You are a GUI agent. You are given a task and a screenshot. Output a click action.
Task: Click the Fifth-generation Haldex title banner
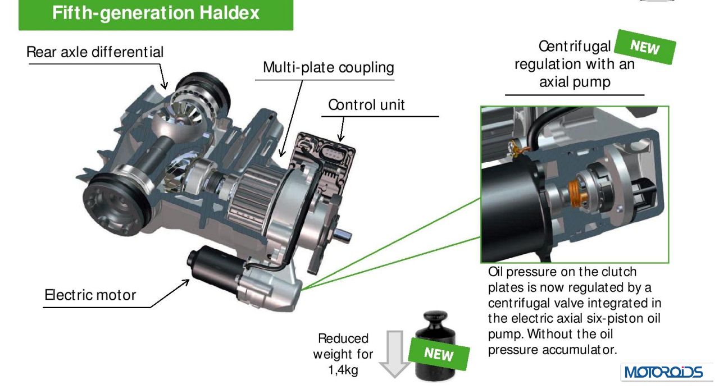tap(156, 13)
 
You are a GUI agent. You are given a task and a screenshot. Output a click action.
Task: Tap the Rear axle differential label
tap(95, 52)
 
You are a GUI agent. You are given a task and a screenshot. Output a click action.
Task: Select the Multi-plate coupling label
tap(329, 68)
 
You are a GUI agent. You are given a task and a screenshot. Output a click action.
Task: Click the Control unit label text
tap(366, 104)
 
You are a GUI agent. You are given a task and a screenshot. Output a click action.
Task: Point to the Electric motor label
tap(90, 294)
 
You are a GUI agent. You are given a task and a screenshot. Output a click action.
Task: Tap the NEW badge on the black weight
tap(438, 354)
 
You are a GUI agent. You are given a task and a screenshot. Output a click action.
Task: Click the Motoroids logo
tap(662, 372)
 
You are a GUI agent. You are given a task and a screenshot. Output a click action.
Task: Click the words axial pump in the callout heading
tap(575, 83)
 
